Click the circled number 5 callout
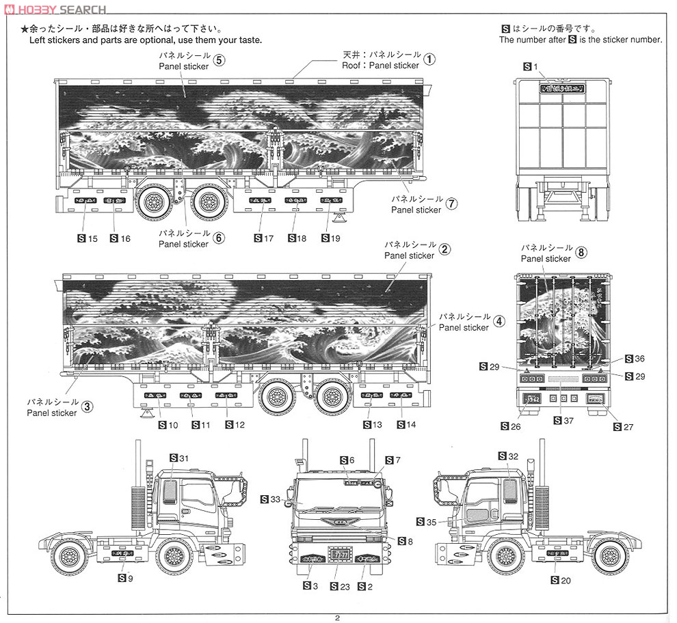click(x=219, y=59)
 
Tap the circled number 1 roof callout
click(x=429, y=59)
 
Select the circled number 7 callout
click(x=451, y=204)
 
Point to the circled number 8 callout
click(x=581, y=253)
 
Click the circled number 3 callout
click(x=87, y=407)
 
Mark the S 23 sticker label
click(x=340, y=586)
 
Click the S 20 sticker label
click(x=560, y=581)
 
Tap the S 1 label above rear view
click(x=531, y=66)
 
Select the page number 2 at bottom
click(x=338, y=617)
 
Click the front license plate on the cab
click(x=340, y=554)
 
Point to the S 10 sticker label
click(x=168, y=425)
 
